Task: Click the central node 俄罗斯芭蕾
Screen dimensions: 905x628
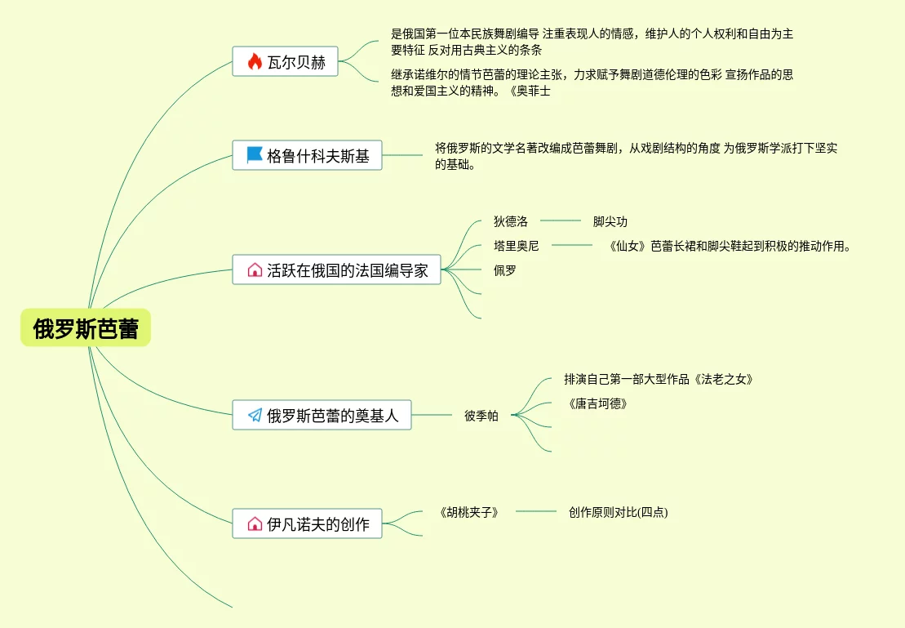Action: [x=86, y=328]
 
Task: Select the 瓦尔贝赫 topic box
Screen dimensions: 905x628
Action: [x=285, y=62]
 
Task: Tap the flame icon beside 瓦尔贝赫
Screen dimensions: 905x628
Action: [x=255, y=62]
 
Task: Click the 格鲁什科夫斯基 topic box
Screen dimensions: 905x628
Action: [x=307, y=155]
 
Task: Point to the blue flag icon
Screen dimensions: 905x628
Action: [x=255, y=155]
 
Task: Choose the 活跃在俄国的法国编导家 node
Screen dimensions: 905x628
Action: [x=336, y=270]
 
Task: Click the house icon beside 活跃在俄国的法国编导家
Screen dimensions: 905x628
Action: [x=255, y=270]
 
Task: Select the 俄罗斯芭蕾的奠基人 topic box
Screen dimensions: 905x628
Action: [x=322, y=415]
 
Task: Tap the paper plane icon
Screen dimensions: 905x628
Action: [x=255, y=415]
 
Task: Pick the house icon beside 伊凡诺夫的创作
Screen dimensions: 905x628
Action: [x=255, y=523]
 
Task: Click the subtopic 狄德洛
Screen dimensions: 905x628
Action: [x=511, y=221]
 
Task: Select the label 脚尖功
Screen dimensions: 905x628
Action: [x=610, y=221]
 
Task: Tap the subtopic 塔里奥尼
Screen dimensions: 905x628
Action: [x=517, y=245]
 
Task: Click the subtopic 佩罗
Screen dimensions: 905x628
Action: [x=505, y=269]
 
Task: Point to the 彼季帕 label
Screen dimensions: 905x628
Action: [x=481, y=415]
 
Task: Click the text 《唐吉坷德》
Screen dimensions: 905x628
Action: [x=598, y=403]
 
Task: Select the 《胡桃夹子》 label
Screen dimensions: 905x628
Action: [x=468, y=512]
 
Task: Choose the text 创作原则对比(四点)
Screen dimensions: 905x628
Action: [x=618, y=512]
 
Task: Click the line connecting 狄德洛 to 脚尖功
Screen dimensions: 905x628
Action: [x=560, y=220]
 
